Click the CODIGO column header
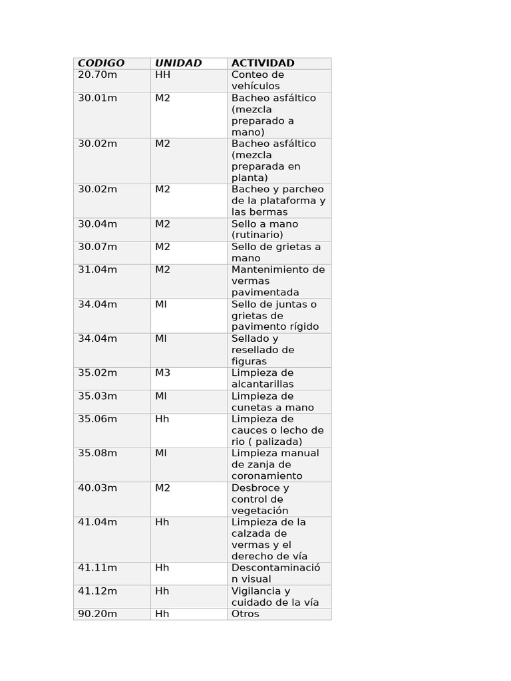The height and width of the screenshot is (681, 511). [x=101, y=63]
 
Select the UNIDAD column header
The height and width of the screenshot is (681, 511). [x=178, y=63]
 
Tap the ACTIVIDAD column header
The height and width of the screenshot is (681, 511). [x=263, y=63]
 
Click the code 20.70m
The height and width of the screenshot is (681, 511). [x=97, y=74]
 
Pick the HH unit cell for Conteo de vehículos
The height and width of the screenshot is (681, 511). [x=163, y=74]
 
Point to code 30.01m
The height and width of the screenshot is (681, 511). [x=97, y=98]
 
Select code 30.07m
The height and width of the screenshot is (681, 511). [x=97, y=247]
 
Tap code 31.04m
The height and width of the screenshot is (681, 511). [x=97, y=269]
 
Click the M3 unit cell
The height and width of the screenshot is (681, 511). [x=163, y=372]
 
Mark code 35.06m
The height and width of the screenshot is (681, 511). [x=97, y=419]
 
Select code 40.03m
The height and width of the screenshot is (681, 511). [x=97, y=487]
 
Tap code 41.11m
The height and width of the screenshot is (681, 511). [x=97, y=567]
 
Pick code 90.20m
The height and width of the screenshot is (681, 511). [x=97, y=614]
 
